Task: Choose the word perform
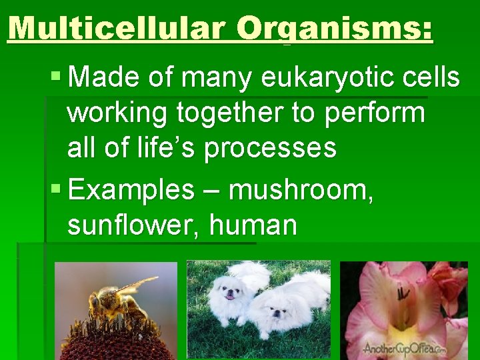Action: pos(375,113)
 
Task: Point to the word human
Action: pos(253,225)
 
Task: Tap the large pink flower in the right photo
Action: pos(393,300)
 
